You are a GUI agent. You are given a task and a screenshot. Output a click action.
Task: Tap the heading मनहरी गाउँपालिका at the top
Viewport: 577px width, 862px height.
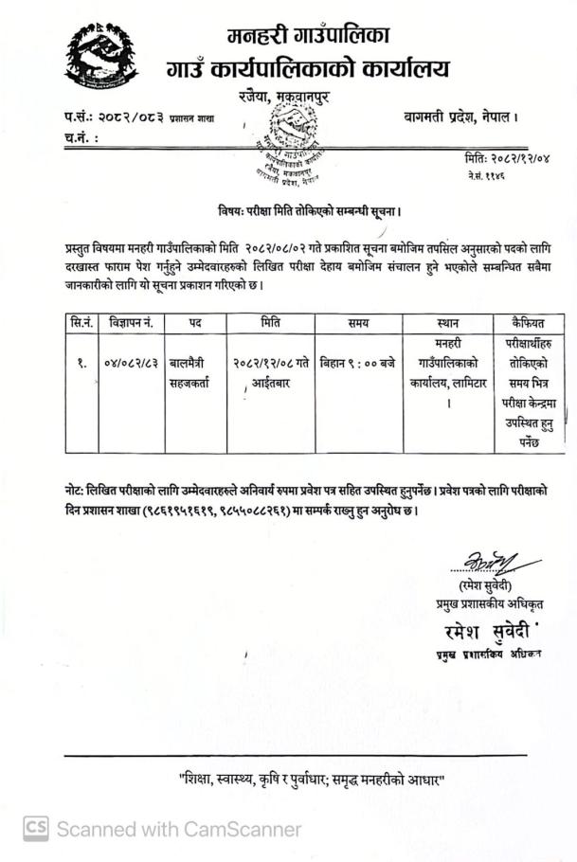[x=309, y=37]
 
